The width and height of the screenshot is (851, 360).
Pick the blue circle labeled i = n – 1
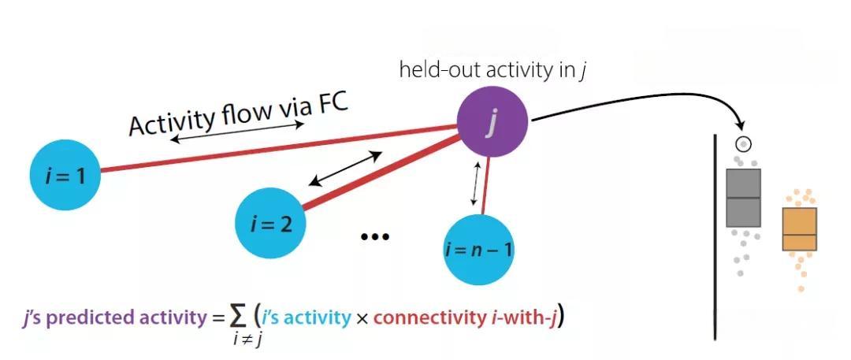[x=479, y=250]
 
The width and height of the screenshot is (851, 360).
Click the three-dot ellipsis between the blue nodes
[x=374, y=236]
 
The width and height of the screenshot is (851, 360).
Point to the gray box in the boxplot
[x=742, y=197]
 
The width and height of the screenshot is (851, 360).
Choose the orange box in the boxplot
[x=799, y=229]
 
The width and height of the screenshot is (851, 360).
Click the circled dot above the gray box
[x=742, y=144]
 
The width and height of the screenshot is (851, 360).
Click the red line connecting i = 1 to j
[x=276, y=149]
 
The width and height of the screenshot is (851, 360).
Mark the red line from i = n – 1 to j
[x=486, y=184]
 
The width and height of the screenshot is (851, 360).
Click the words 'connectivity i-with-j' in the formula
[x=465, y=318]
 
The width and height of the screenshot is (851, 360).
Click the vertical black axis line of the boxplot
[x=715, y=236]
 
